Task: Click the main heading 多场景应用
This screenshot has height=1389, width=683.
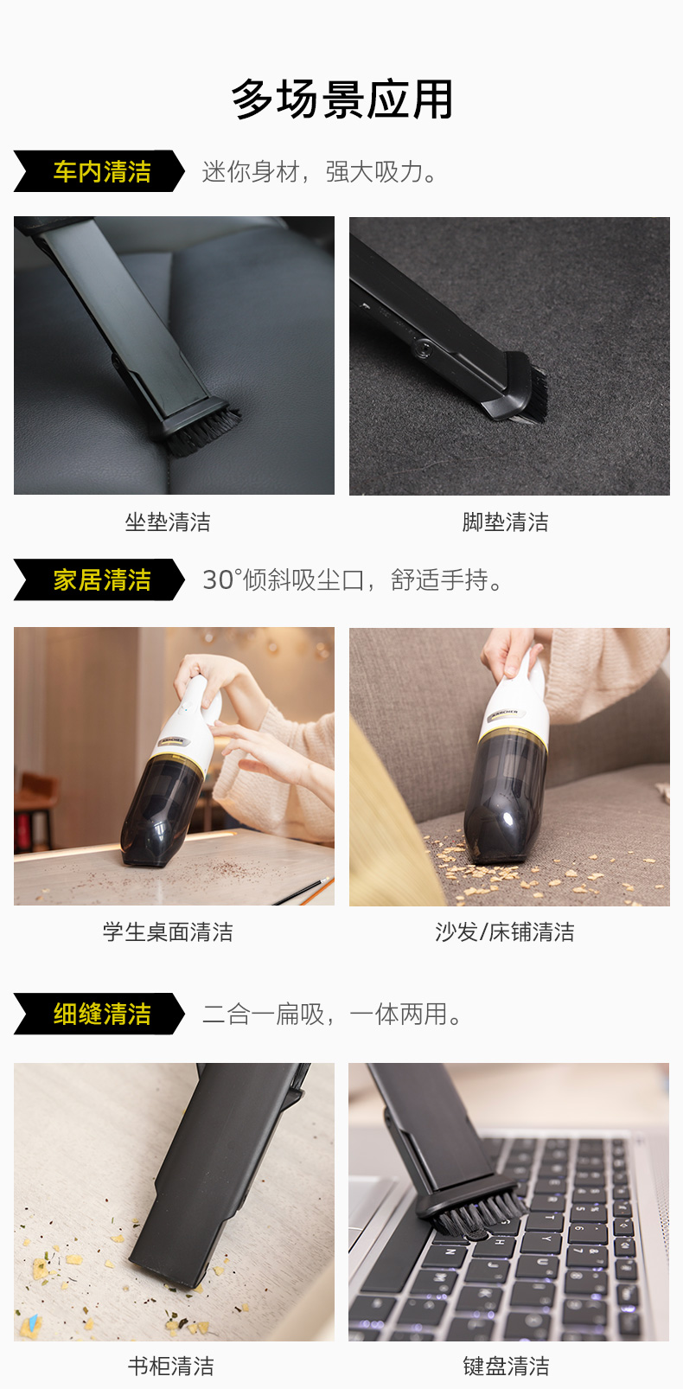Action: [341, 99]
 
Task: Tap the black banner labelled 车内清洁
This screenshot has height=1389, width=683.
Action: [99, 171]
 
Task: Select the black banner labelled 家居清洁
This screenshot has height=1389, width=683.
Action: [99, 579]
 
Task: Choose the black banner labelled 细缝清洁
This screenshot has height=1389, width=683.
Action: [99, 1014]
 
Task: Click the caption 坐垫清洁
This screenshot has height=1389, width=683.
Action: [168, 522]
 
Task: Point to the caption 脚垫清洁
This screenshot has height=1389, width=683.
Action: [505, 522]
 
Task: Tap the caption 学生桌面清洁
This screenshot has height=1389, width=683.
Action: [168, 932]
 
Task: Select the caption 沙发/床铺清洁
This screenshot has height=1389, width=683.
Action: [505, 932]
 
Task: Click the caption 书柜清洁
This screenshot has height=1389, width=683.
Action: [171, 1366]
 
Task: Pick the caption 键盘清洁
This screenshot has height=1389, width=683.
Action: [506, 1366]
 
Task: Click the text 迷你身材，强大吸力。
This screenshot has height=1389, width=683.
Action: [320, 172]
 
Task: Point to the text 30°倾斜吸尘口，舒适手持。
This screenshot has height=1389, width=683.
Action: [354, 580]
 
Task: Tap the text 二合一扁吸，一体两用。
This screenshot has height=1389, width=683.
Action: [332, 1015]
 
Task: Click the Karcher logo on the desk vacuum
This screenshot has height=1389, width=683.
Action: [173, 741]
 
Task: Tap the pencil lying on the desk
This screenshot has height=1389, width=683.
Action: [303, 891]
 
